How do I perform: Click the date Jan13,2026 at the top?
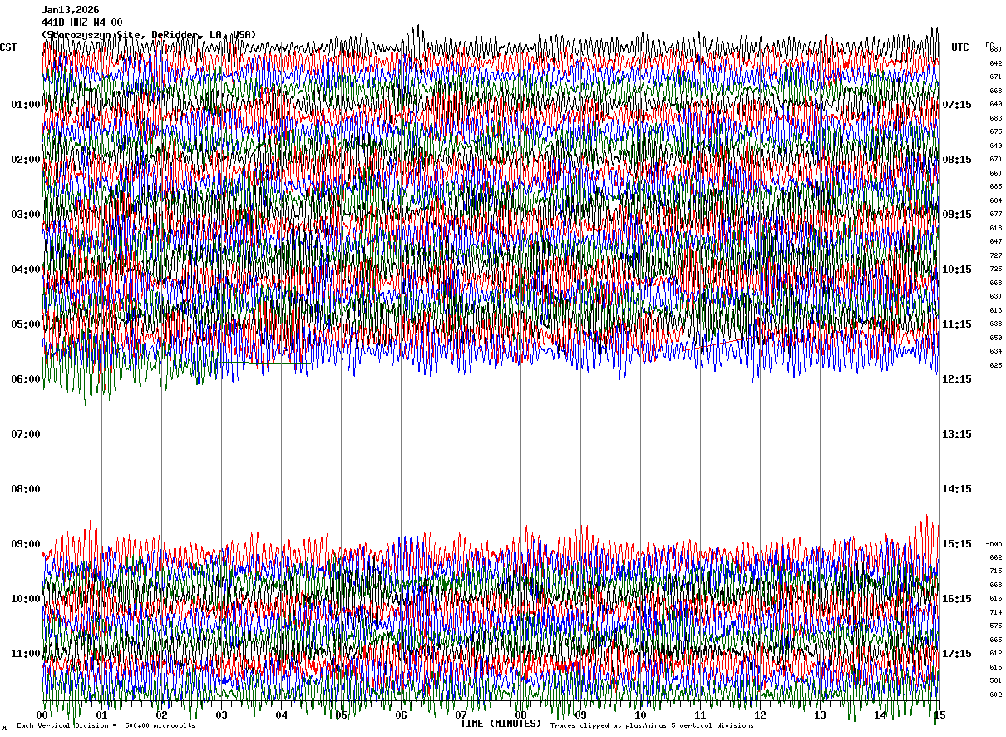[x=71, y=10]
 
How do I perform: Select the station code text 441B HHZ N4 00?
[x=82, y=22]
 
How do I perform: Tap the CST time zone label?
[x=8, y=47]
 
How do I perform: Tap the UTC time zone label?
[x=960, y=47]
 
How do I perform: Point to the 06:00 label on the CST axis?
[x=25, y=379]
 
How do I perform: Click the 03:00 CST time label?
[x=25, y=215]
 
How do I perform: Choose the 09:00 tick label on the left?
[x=25, y=544]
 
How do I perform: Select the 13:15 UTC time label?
[x=956, y=434]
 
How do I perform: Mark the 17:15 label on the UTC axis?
[x=956, y=654]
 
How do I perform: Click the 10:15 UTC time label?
[x=956, y=270]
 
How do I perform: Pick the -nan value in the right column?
[x=994, y=543]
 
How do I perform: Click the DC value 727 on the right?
[x=995, y=255]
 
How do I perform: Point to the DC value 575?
[x=995, y=626]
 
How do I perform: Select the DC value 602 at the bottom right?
[x=995, y=695]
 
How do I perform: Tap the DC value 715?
[x=995, y=571]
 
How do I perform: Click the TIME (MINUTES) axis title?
[x=501, y=725]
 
